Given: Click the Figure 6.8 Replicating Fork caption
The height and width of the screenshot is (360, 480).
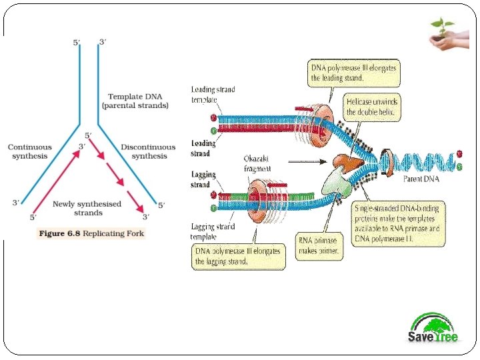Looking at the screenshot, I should click(x=91, y=233).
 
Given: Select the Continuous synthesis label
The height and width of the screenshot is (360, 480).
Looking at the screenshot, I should click(x=29, y=151).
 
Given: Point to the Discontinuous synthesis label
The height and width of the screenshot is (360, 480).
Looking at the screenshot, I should click(x=148, y=151).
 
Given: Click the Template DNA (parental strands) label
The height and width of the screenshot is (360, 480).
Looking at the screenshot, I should click(x=135, y=101).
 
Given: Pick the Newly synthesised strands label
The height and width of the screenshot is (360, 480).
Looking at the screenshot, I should click(x=87, y=208).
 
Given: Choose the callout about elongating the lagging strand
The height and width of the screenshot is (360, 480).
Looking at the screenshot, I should click(x=238, y=257).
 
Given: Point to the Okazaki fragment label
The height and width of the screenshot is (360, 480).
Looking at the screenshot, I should click(x=257, y=164).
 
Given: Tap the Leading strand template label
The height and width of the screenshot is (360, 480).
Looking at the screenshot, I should click(x=213, y=94).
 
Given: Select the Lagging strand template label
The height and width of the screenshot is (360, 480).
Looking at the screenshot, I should click(x=213, y=231).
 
